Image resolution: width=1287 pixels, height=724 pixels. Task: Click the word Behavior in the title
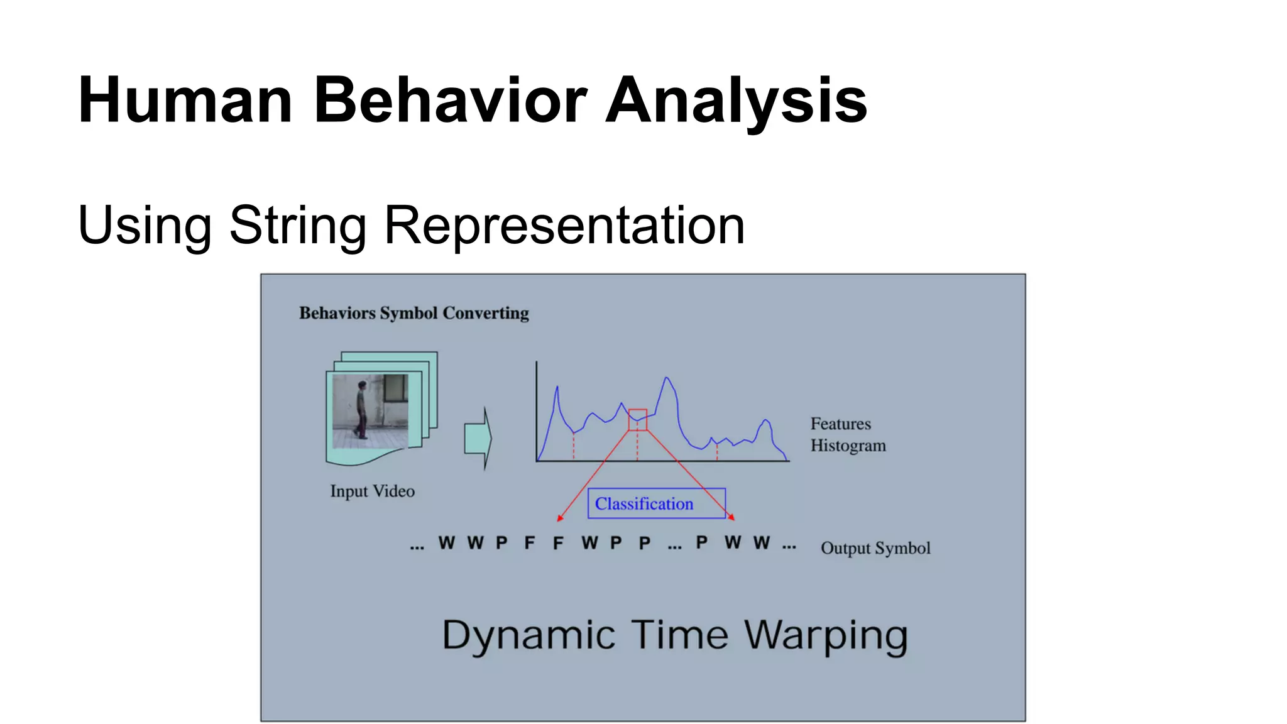point(449,101)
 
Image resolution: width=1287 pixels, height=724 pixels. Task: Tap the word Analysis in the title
point(736,101)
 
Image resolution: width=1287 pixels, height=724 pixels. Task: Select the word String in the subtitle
point(298,225)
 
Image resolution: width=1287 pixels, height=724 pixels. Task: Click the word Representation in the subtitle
point(564,225)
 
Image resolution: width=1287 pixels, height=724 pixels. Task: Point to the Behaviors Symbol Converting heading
point(413,313)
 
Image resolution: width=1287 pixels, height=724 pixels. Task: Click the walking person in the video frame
point(361,409)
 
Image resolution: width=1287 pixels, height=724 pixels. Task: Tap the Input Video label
point(372,491)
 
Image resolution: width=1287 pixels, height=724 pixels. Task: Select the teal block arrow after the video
point(478,438)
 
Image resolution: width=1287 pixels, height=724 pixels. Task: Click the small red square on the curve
point(637,420)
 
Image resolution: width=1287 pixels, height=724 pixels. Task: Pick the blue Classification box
point(656,503)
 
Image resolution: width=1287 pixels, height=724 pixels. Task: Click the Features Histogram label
point(847,434)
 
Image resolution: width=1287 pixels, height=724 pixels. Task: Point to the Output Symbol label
point(875,548)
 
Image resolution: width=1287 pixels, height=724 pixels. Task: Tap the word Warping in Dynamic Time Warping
point(826,635)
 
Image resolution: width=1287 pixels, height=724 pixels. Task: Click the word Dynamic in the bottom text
point(528,635)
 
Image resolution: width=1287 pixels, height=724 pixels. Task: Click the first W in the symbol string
point(446,543)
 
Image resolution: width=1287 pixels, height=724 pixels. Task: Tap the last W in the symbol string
point(762,542)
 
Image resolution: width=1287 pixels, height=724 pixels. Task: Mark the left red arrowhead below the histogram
point(560,518)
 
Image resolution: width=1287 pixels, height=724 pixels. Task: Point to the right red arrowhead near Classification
point(731,517)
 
